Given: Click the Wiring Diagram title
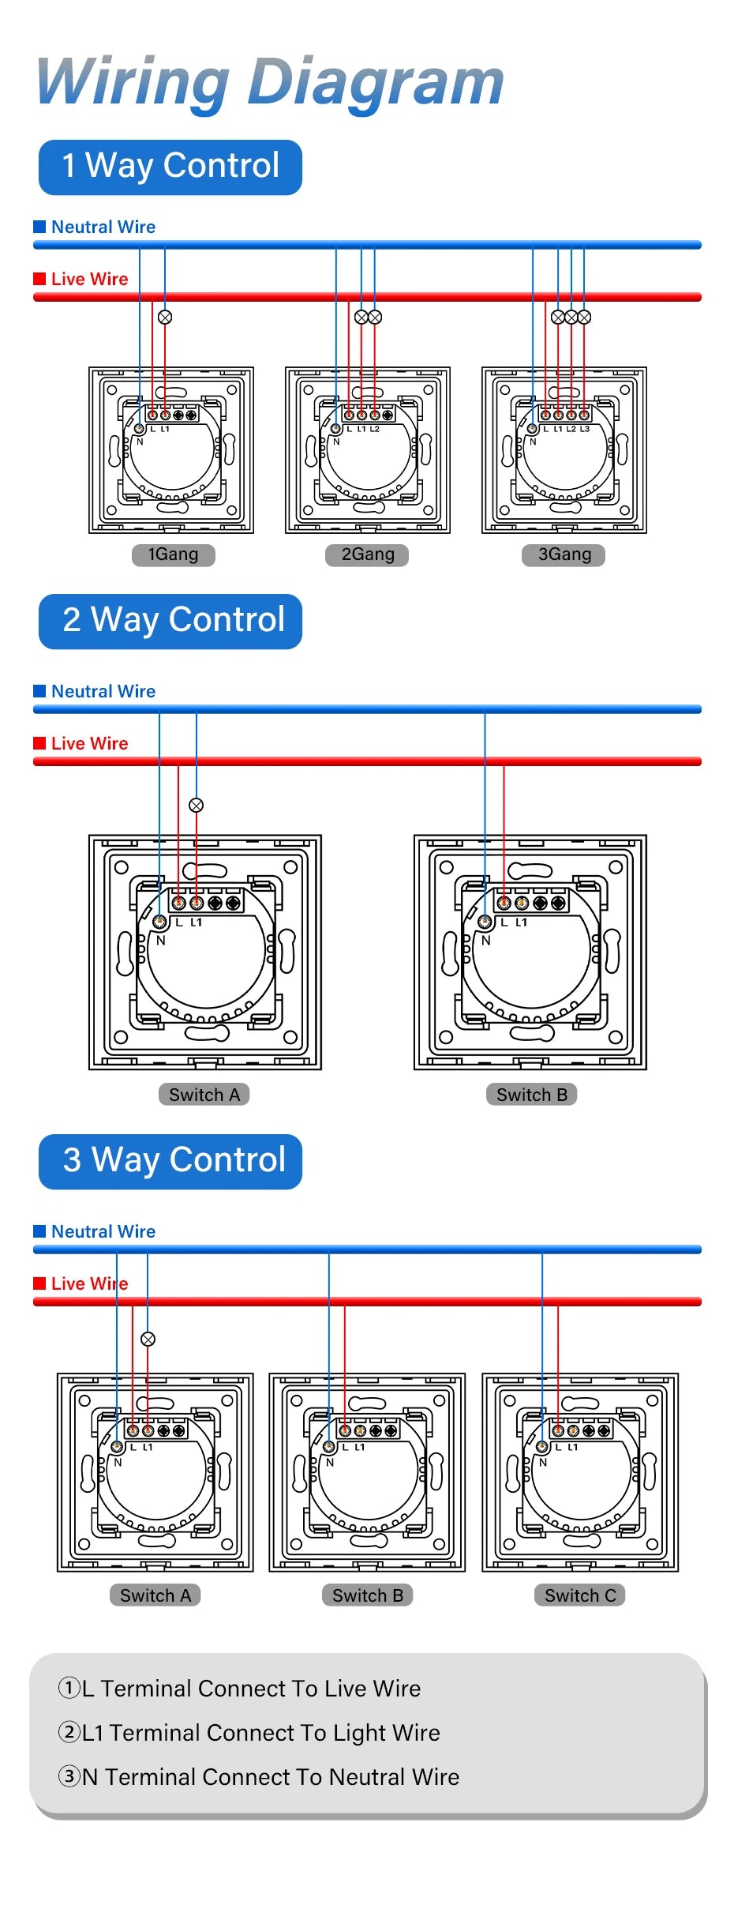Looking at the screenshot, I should click(270, 82).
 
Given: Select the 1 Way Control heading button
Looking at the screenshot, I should click(170, 167).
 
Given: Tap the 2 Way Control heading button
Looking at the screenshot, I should click(170, 621).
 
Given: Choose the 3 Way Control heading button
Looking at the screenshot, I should click(170, 1161).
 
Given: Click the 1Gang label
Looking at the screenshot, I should click(173, 554).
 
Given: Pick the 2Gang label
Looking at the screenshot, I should click(367, 554).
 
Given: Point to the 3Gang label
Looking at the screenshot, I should click(564, 554).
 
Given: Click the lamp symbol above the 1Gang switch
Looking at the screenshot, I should click(165, 317).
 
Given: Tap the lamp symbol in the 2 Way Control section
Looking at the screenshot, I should click(197, 805).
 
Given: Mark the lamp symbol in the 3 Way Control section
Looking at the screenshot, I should click(148, 1339).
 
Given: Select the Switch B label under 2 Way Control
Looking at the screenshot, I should click(531, 1095).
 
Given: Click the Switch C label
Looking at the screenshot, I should click(580, 1595).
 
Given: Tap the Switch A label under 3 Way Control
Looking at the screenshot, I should click(155, 1595).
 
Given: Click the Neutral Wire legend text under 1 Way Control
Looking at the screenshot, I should click(103, 227).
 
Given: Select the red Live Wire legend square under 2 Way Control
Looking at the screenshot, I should click(39, 743).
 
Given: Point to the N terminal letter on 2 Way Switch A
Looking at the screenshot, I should click(161, 940).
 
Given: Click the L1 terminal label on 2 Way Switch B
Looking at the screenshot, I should click(521, 922).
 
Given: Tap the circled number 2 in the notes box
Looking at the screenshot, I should click(69, 1733).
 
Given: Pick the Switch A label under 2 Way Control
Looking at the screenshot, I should click(204, 1095).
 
